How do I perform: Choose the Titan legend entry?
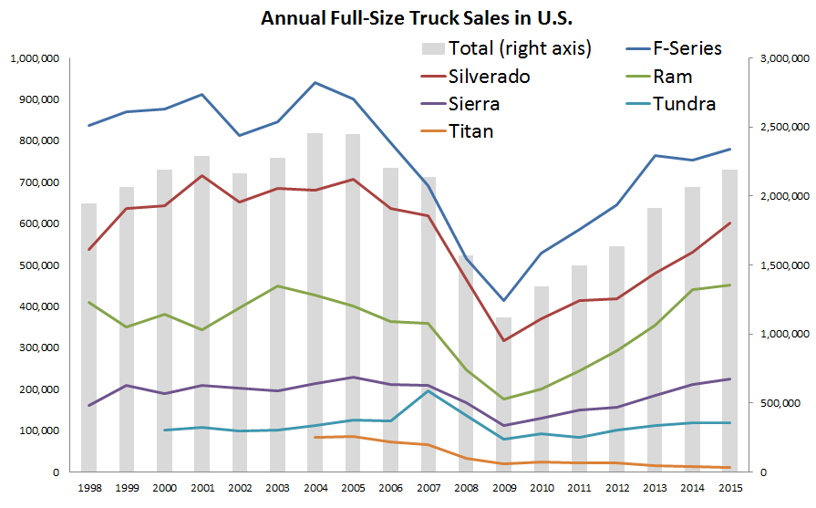[x=471, y=131]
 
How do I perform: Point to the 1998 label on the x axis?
[x=88, y=489]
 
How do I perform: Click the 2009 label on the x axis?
[x=503, y=489]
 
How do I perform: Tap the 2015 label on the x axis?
[x=729, y=489]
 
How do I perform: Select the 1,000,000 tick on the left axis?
[x=35, y=58]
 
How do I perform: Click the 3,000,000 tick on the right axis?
[x=776, y=58]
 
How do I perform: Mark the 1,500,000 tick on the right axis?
[x=776, y=265]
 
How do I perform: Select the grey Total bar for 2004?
[x=315, y=301]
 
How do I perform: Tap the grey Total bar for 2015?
[x=729, y=319]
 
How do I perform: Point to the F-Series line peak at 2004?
[x=315, y=83]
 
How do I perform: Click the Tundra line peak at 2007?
[x=428, y=390]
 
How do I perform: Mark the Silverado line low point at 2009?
[x=503, y=341]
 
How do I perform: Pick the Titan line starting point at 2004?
[x=315, y=438]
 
